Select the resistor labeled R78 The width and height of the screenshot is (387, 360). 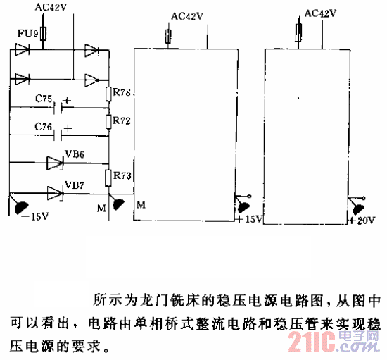(110, 94)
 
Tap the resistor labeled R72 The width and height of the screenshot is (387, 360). (110, 121)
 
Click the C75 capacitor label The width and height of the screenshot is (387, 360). (44, 99)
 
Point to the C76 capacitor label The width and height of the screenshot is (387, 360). (44, 127)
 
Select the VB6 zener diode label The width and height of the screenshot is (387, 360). (75, 154)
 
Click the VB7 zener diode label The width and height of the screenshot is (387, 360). (75, 185)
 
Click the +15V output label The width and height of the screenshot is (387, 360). (249, 220)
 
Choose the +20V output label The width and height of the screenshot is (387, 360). (360, 220)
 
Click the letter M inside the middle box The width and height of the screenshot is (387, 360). (141, 204)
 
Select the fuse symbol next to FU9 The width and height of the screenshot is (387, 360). (44, 33)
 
